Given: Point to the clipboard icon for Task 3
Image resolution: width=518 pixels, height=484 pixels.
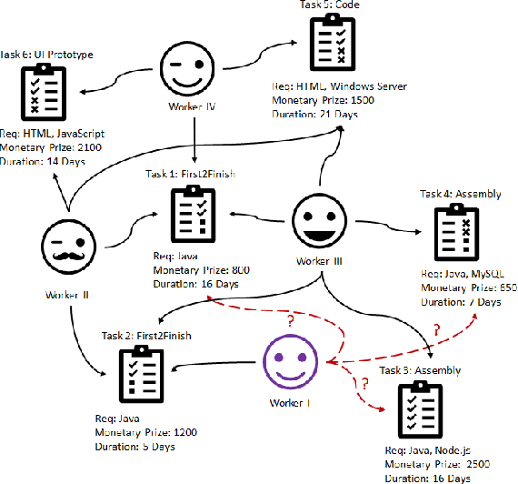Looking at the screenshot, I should coord(420,412).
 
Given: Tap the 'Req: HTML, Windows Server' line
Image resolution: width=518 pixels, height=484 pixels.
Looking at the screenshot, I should coord(339,86).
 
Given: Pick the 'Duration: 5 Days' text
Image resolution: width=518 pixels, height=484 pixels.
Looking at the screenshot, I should coord(134,447).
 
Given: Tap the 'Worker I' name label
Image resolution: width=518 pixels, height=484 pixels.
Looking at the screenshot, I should coord(290,401).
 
